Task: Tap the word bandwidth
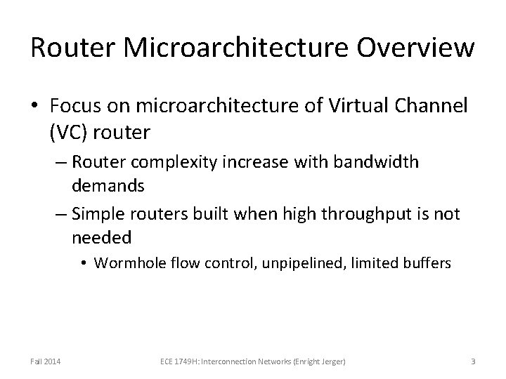(380, 163)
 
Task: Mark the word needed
(101, 237)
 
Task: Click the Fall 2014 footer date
(45, 361)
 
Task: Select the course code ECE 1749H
(176, 361)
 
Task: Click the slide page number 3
(473, 361)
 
